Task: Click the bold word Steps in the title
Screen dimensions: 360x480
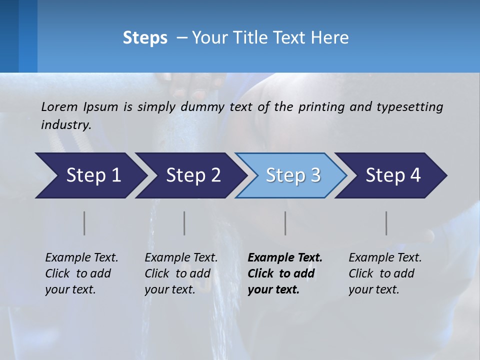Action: (145, 38)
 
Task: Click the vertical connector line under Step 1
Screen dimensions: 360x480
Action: (84, 223)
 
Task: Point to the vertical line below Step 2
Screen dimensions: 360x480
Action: (184, 223)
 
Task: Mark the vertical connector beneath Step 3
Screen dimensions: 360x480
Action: (285, 223)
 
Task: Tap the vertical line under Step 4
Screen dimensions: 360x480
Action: (386, 223)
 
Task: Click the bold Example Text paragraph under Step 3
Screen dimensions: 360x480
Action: (285, 273)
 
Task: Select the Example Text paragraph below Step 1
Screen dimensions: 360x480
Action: (81, 273)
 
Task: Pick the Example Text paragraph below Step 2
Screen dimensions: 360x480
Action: (181, 273)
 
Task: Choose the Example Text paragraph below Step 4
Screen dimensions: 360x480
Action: (385, 273)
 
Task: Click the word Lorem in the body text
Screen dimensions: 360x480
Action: (59, 106)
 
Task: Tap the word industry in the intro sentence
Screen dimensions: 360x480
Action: (66, 124)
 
